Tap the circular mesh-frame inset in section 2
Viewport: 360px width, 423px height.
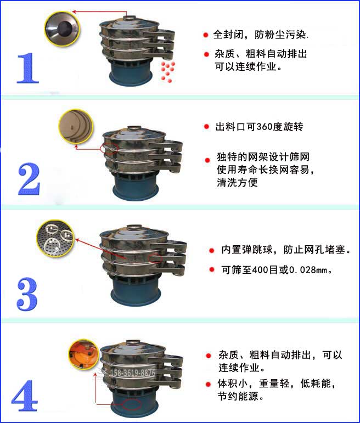click(x=76, y=125)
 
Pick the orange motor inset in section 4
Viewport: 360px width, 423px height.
click(x=82, y=354)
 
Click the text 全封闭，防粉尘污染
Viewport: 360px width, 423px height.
click(x=261, y=35)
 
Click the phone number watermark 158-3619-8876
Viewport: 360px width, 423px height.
click(x=132, y=373)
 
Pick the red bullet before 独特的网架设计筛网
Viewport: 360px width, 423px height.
click(x=207, y=160)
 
